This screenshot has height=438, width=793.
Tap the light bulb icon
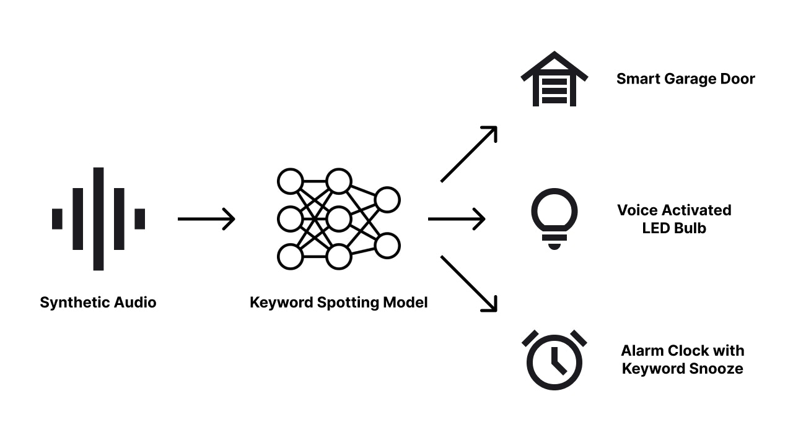coord(554,218)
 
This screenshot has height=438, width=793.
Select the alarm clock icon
coord(554,361)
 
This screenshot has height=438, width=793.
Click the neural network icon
coord(338,218)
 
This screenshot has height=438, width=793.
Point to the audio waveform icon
coord(99,218)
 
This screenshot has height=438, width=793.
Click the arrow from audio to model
coord(206,219)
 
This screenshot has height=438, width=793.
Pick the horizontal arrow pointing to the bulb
coord(457,219)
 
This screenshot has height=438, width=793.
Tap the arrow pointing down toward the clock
coord(469,283)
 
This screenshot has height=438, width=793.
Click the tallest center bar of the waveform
coord(99,218)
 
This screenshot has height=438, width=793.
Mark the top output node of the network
coord(387,200)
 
